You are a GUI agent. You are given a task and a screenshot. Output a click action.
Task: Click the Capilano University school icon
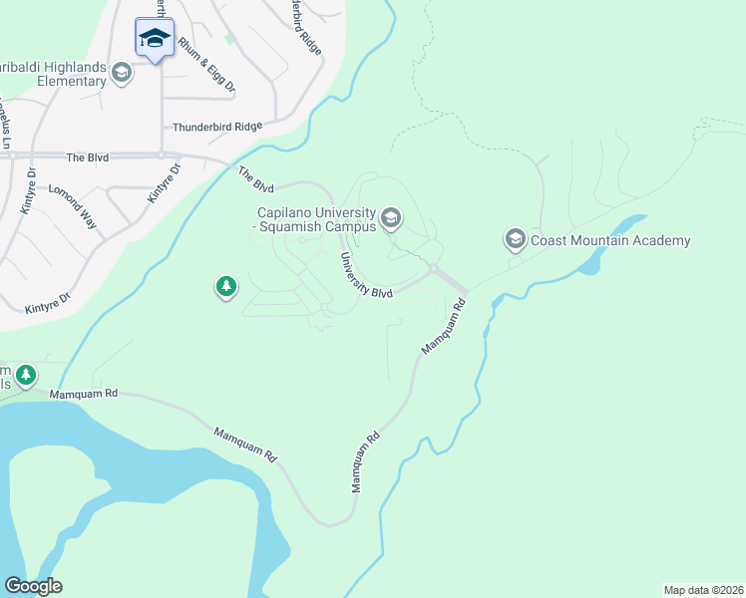[391, 216]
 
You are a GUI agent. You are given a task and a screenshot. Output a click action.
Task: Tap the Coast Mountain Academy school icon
[516, 240]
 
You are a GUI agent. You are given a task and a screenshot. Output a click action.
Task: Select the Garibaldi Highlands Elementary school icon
[123, 72]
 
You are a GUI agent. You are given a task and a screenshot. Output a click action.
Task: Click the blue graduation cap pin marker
[155, 39]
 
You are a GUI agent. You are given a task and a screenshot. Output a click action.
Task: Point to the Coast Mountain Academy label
[610, 240]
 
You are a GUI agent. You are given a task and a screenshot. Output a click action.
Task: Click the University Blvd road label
[366, 274]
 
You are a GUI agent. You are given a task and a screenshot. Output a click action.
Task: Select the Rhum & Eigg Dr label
[206, 66]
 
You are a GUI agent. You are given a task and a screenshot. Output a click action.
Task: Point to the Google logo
[33, 585]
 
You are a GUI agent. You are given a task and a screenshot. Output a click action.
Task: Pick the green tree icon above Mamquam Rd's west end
[25, 376]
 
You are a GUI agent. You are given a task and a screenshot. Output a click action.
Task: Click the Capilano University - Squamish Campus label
[315, 220]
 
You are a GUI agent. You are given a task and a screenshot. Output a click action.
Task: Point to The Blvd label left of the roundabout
[87, 157]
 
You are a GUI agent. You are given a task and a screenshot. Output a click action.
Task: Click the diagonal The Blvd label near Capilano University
[255, 179]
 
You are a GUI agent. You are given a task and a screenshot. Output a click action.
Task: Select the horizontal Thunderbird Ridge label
[216, 127]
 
